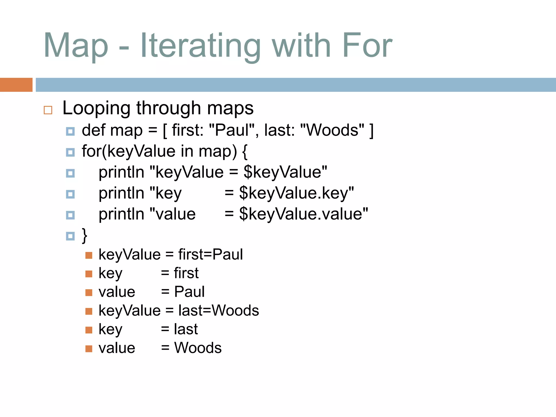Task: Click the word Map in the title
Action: pos(76,46)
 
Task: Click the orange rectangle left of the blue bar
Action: pos(16,85)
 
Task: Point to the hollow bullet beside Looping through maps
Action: pos(48,110)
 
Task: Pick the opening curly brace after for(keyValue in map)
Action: pos(245,152)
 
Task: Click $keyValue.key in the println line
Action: pos(296,193)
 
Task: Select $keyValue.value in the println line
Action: pos(303,214)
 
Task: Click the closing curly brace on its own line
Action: pos(84,235)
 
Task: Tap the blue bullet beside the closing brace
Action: pos(70,236)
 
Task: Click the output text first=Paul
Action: pos(210,255)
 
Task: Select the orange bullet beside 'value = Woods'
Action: pos(89,349)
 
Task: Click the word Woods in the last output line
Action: pos(198,348)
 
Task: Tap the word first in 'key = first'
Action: pos(186,273)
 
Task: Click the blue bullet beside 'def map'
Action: pos(70,132)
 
